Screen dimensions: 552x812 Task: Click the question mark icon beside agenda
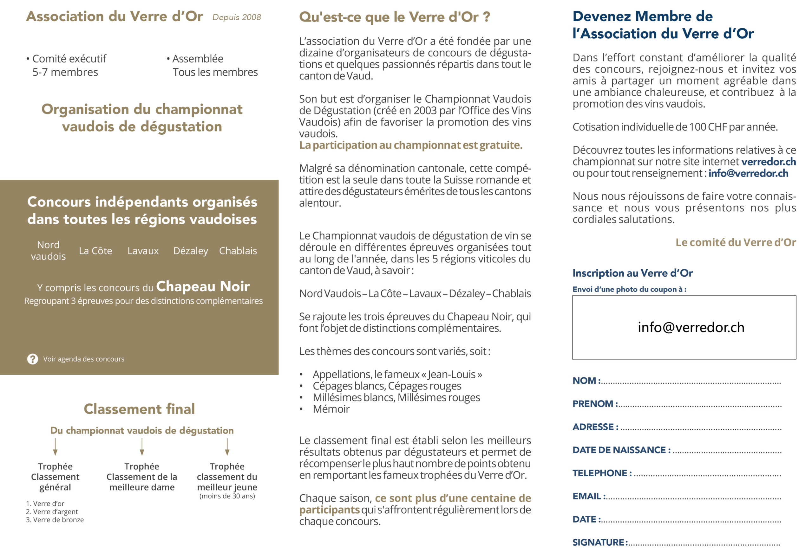[x=32, y=359]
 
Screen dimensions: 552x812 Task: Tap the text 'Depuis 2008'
[x=237, y=17]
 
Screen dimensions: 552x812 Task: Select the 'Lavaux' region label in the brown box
[x=143, y=251]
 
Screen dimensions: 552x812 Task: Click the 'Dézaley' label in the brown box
[x=190, y=251]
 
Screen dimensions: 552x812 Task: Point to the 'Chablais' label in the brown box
[x=238, y=251]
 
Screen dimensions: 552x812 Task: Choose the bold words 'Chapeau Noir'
[x=203, y=286]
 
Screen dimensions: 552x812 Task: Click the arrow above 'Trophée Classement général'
[x=55, y=446]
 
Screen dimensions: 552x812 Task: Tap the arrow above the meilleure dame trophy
[x=142, y=446]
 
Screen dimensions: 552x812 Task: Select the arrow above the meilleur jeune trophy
[x=227, y=446]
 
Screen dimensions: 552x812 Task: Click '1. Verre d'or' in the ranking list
[x=45, y=504]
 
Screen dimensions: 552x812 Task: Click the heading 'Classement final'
[x=139, y=409]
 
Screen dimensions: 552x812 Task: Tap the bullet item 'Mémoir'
[x=331, y=409]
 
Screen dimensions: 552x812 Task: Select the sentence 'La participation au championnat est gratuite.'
[x=410, y=145]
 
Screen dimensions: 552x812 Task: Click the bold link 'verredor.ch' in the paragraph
[x=769, y=162]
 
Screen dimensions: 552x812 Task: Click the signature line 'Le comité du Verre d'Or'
[x=736, y=242]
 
